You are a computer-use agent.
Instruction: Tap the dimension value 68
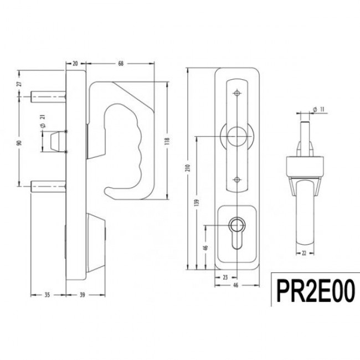(x=121, y=64)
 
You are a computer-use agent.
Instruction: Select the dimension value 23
(x=226, y=276)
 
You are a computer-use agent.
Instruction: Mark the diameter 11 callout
(x=317, y=109)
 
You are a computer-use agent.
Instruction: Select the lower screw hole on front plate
(x=237, y=178)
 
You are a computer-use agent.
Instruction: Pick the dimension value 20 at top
(x=75, y=64)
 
